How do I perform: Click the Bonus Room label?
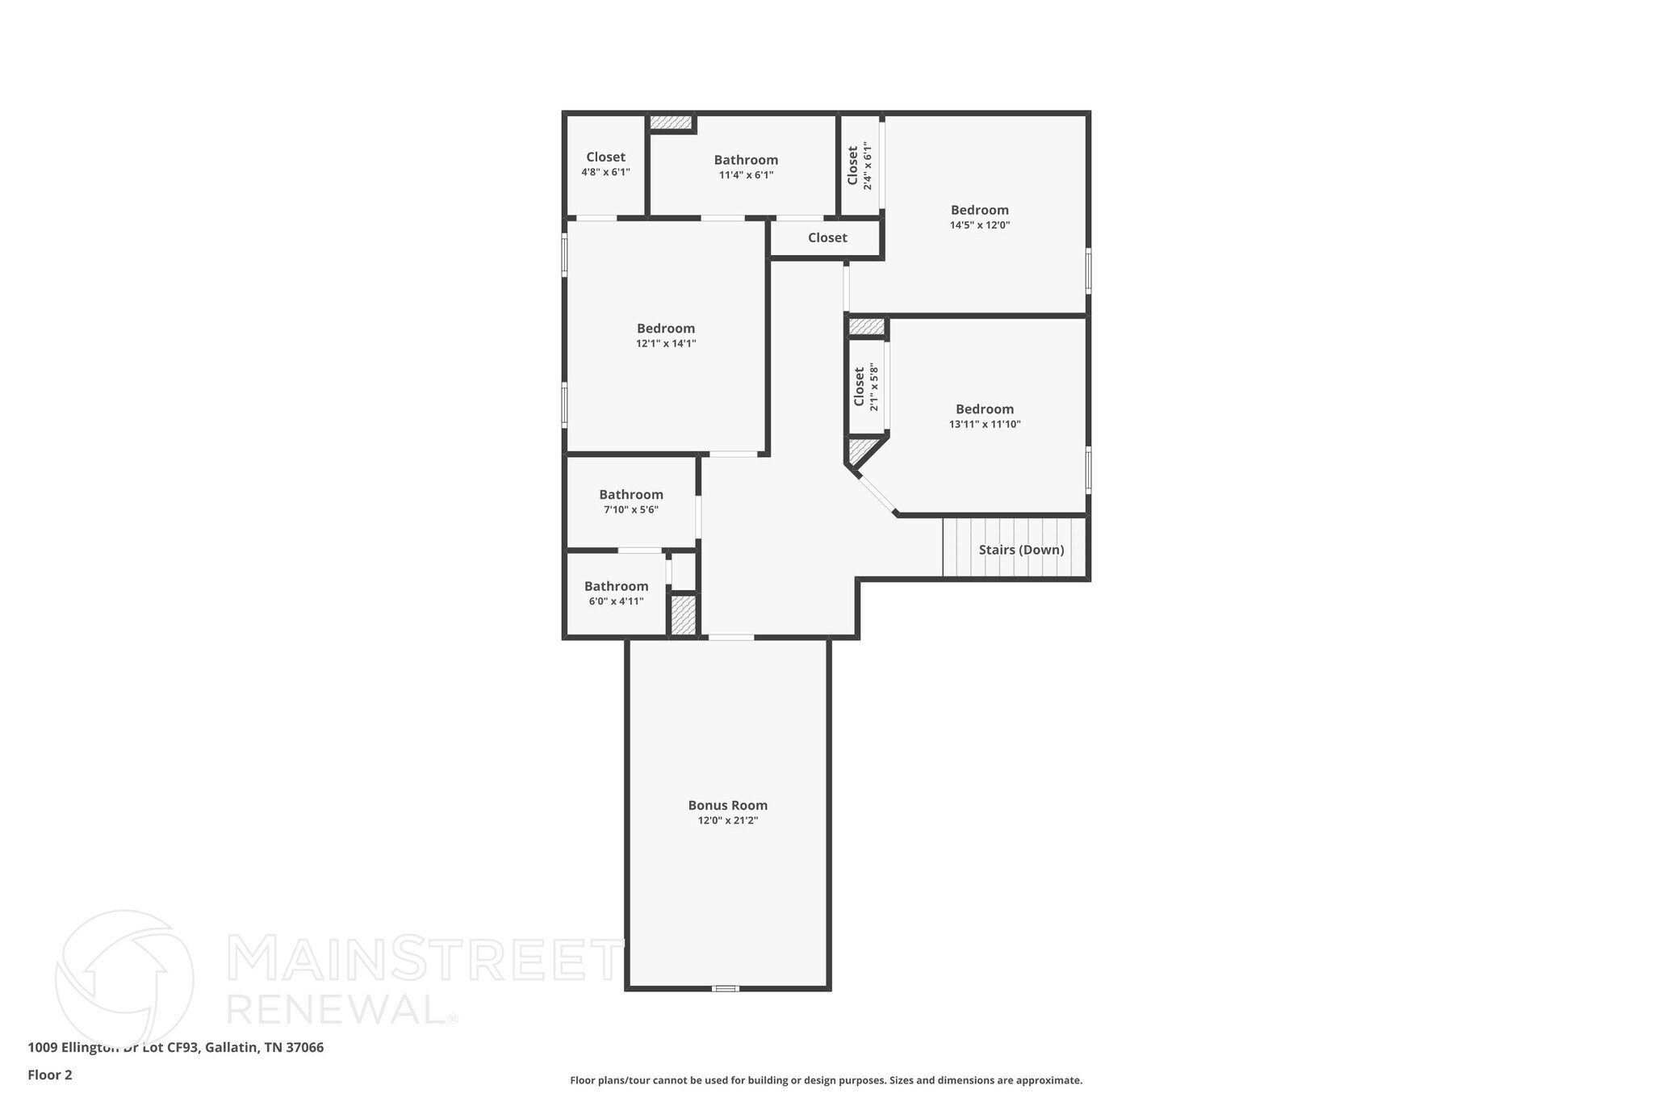(x=727, y=805)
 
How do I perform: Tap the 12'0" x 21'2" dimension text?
(x=727, y=820)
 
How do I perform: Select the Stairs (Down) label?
(x=1021, y=550)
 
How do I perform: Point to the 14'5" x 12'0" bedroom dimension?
(x=979, y=225)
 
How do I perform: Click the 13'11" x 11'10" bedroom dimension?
(x=985, y=424)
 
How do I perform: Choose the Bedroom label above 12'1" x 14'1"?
(x=665, y=328)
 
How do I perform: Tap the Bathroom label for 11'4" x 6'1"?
(x=746, y=160)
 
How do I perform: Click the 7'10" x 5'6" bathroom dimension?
(x=630, y=509)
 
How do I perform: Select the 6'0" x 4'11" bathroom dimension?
(x=616, y=601)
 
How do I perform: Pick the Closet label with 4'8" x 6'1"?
(x=605, y=157)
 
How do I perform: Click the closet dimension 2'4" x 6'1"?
(x=868, y=166)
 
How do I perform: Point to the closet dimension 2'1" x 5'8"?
(x=873, y=387)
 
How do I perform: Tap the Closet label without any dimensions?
(x=827, y=237)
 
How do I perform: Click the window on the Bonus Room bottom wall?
(x=725, y=988)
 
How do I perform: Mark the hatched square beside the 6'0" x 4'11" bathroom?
(x=684, y=615)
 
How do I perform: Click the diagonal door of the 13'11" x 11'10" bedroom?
(x=877, y=493)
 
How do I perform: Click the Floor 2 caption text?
(x=50, y=1075)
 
